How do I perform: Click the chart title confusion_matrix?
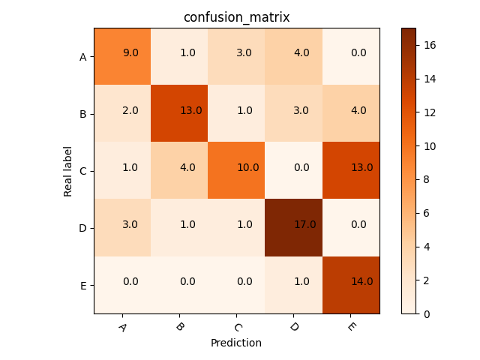(x=236, y=17)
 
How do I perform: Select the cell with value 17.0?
(x=294, y=228)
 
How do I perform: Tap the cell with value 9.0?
(x=122, y=56)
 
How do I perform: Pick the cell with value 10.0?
(x=236, y=171)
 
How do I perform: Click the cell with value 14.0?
(x=351, y=285)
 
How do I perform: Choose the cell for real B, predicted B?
(x=179, y=114)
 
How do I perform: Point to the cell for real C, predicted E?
(x=351, y=171)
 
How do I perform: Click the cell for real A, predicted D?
(x=294, y=56)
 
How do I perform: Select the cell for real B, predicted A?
(x=122, y=114)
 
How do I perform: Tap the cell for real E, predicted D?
(x=294, y=285)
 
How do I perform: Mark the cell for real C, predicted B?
(x=179, y=171)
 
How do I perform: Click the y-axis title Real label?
(x=68, y=171)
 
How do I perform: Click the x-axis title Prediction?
(x=236, y=343)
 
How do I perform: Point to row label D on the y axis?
(x=83, y=228)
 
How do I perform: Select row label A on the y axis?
(x=83, y=56)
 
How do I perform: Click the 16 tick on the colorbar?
(x=430, y=45)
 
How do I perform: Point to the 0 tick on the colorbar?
(x=427, y=313)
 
